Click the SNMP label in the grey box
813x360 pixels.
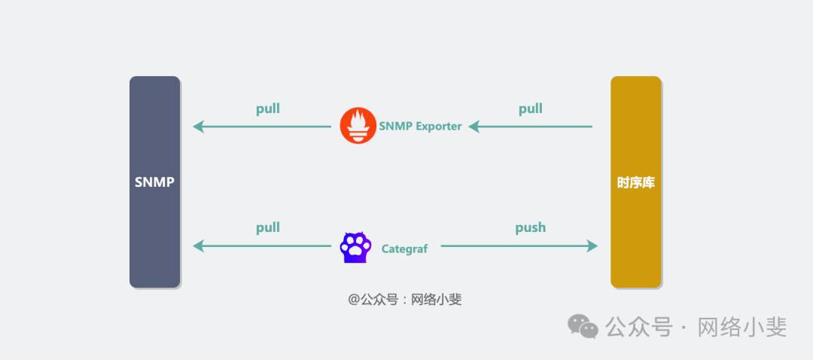pyautogui.click(x=154, y=182)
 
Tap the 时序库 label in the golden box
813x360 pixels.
pyautogui.click(x=635, y=182)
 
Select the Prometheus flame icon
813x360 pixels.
pyautogui.click(x=358, y=126)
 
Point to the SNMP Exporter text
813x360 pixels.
pyautogui.click(x=420, y=127)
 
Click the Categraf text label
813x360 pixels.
pyautogui.click(x=404, y=249)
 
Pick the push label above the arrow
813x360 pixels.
pyautogui.click(x=530, y=227)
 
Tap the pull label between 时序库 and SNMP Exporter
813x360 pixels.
pyautogui.click(x=530, y=108)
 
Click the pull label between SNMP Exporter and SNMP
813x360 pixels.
pyautogui.click(x=267, y=108)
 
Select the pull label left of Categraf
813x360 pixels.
pyautogui.click(x=267, y=227)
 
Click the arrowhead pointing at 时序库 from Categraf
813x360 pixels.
pyautogui.click(x=592, y=246)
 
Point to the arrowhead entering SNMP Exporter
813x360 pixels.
pyautogui.click(x=475, y=127)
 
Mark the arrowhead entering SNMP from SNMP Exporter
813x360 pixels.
pyautogui.click(x=199, y=127)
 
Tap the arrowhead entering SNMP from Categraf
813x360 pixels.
pyautogui.click(x=199, y=246)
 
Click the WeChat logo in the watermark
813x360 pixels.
pyautogui.click(x=583, y=326)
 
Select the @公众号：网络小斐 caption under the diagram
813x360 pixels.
pyautogui.click(x=404, y=299)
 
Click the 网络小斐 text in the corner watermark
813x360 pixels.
pyautogui.click(x=742, y=327)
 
